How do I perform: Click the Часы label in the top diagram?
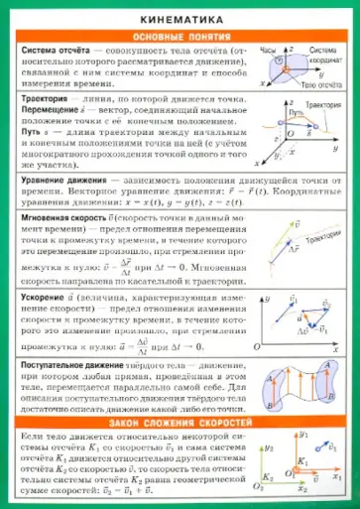[268, 48]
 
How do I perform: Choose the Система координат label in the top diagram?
[323, 54]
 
